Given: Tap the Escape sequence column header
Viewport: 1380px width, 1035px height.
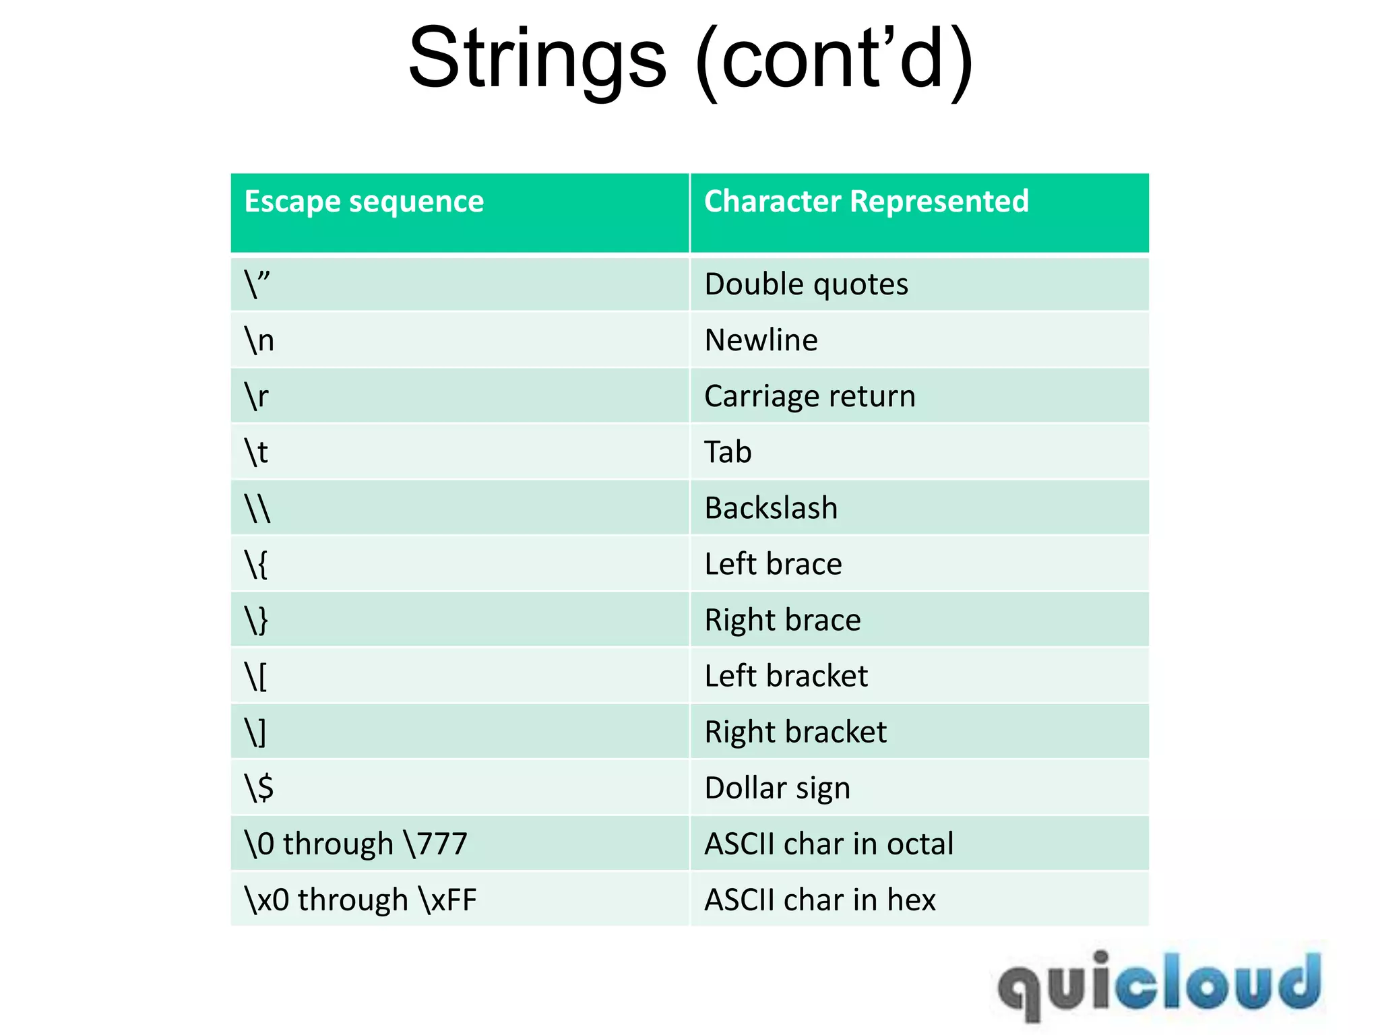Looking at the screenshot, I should pos(364,201).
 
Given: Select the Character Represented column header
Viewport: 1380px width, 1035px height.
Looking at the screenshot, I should pos(867,201).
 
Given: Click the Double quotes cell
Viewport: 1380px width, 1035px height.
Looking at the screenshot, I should pos(806,284).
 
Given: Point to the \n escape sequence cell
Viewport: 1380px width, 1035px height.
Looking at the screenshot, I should pos(259,340).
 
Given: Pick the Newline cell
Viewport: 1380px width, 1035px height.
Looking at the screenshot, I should pos(761,340).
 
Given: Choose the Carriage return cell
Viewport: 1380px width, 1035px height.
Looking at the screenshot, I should pos(810,396).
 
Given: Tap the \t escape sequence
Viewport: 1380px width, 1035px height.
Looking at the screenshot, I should pos(257,452).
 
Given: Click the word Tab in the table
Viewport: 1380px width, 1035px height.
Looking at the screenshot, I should pos(728,452).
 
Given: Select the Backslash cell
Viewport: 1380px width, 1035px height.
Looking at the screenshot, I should pos(771,508).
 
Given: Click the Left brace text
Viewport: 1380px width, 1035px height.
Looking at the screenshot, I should pos(773,564).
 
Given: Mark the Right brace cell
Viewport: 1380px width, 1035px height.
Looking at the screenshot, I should pos(782,620).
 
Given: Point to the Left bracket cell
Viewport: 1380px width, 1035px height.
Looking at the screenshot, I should pos(786,676).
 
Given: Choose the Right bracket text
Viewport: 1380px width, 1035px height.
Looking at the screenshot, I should pos(795,732).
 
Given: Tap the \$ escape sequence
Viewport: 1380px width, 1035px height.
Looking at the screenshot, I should pos(259,788).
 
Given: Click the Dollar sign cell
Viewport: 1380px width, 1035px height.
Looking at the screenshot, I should pos(777,788).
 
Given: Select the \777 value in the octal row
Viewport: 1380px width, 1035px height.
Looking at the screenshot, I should pos(435,844).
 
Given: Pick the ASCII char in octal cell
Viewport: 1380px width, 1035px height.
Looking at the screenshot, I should pos(829,844).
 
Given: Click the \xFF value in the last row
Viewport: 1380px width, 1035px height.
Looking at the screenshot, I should pos(447,900).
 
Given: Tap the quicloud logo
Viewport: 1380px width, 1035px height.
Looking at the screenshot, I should pos(1159,984).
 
